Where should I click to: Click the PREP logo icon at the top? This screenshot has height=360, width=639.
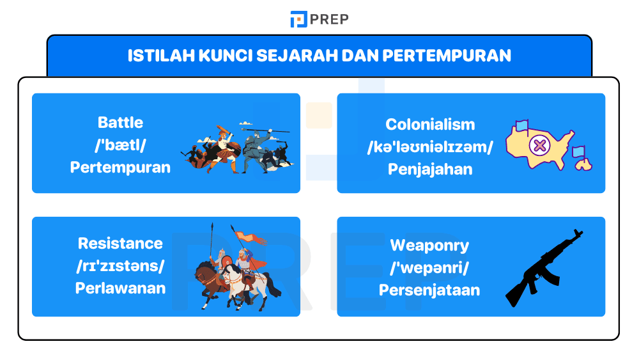[x=298, y=19]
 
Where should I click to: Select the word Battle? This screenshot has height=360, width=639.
[x=120, y=123]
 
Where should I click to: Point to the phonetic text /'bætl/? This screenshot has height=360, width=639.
[x=120, y=145]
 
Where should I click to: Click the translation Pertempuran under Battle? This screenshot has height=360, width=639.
[x=120, y=168]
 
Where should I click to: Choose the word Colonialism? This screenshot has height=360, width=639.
[x=430, y=125]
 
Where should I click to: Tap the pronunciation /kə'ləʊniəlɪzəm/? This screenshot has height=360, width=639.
[x=430, y=147]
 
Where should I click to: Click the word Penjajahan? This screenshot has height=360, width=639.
[x=430, y=169]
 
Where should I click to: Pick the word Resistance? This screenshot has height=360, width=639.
[x=120, y=244]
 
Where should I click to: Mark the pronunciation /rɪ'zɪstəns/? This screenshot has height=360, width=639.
[x=120, y=265]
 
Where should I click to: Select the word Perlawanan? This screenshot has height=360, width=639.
[x=120, y=288]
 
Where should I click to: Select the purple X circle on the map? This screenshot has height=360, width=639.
[x=540, y=146]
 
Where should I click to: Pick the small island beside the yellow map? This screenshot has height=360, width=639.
[x=583, y=164]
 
